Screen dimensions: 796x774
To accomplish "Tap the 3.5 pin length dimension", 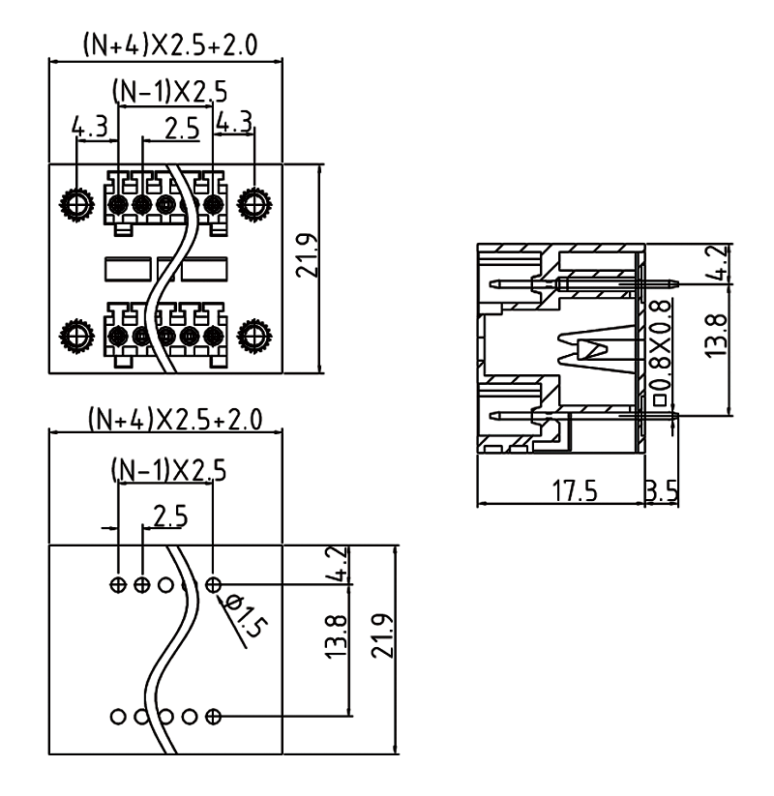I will (661, 490).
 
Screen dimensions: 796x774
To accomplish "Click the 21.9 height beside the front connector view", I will (308, 254).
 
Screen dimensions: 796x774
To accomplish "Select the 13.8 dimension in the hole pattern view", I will (336, 634).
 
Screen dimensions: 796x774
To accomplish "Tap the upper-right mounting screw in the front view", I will (253, 203).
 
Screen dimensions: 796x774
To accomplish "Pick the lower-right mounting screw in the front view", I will (253, 335).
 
